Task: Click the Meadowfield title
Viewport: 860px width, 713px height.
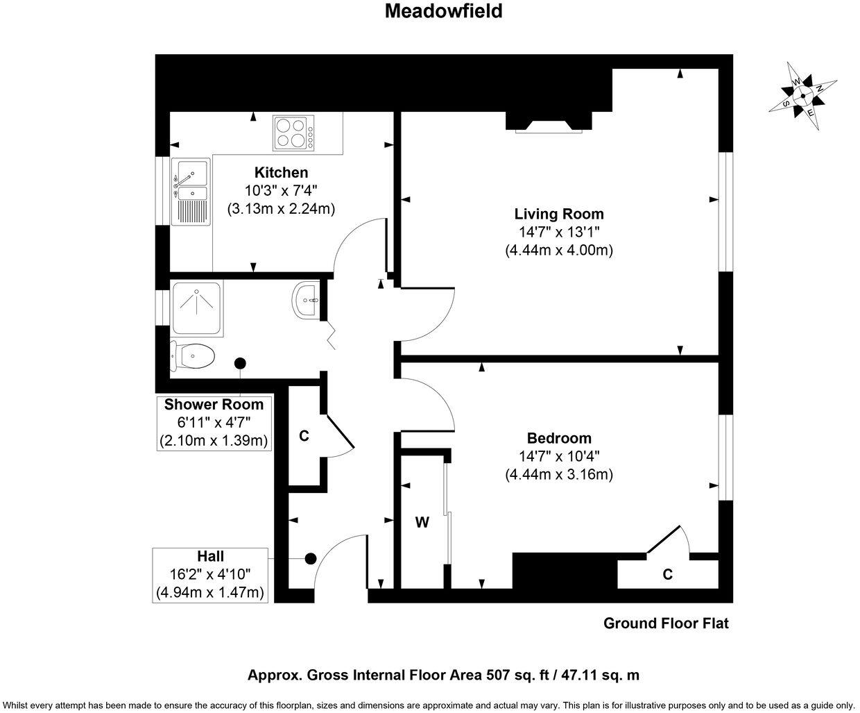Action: (x=443, y=12)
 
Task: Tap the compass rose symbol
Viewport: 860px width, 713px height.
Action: (x=802, y=96)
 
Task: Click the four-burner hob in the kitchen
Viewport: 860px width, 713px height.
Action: (x=292, y=133)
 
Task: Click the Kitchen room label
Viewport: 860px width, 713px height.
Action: (x=281, y=173)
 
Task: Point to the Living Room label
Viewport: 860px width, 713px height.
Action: (x=558, y=214)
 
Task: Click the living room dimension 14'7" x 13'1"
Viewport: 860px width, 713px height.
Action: (x=558, y=232)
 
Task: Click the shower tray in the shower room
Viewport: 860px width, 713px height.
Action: (x=198, y=306)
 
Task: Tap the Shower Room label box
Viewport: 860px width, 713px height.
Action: (x=214, y=422)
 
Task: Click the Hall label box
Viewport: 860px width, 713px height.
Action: (x=210, y=574)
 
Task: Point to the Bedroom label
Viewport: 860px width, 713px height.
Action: (x=559, y=438)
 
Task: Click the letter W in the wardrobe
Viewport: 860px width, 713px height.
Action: (x=422, y=523)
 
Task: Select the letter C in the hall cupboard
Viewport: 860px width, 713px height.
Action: (x=303, y=436)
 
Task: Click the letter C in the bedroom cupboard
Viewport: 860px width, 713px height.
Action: (x=667, y=574)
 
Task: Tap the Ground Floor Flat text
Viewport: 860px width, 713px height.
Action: (x=666, y=623)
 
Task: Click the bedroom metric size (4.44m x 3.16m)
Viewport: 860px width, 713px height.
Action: (x=559, y=474)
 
